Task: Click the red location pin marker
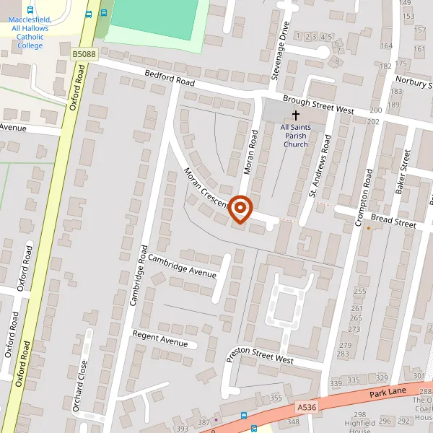(240, 209)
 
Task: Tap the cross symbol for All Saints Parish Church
(295, 116)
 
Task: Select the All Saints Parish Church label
(294, 136)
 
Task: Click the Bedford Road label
(170, 78)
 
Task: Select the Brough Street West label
(318, 105)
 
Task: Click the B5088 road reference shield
(83, 53)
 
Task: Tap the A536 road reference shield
(306, 408)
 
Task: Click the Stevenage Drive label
(281, 40)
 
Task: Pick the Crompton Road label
(363, 198)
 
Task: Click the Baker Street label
(401, 171)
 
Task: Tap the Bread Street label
(394, 221)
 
